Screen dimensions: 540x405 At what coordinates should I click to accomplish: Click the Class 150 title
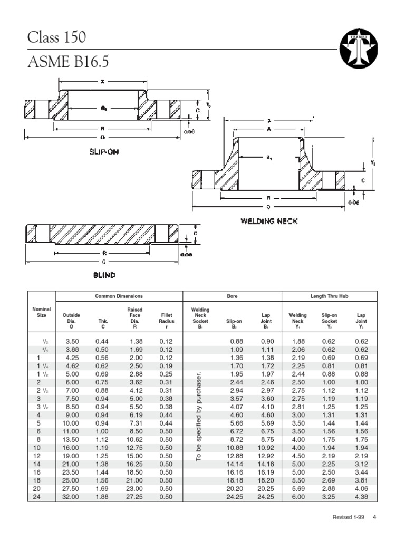(x=56, y=38)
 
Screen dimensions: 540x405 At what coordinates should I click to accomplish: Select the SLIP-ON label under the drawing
(x=104, y=152)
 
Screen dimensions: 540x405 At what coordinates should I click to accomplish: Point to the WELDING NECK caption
(x=269, y=221)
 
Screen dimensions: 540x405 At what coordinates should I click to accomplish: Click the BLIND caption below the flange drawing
(x=104, y=275)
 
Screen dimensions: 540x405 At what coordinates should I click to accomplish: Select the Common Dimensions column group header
(x=119, y=296)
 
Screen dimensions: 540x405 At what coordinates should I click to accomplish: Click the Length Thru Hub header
(x=329, y=296)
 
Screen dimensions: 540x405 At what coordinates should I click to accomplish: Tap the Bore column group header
(x=232, y=296)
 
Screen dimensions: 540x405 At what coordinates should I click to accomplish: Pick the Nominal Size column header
(x=42, y=312)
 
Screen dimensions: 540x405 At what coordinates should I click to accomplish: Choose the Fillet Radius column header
(x=166, y=318)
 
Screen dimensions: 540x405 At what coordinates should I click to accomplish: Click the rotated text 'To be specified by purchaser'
(x=199, y=417)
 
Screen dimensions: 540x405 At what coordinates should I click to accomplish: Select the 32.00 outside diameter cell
(x=71, y=497)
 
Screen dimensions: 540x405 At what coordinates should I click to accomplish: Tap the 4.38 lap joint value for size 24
(x=361, y=497)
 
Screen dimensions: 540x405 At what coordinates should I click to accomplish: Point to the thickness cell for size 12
(x=103, y=456)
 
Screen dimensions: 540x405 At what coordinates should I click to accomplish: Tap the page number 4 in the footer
(x=374, y=518)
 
